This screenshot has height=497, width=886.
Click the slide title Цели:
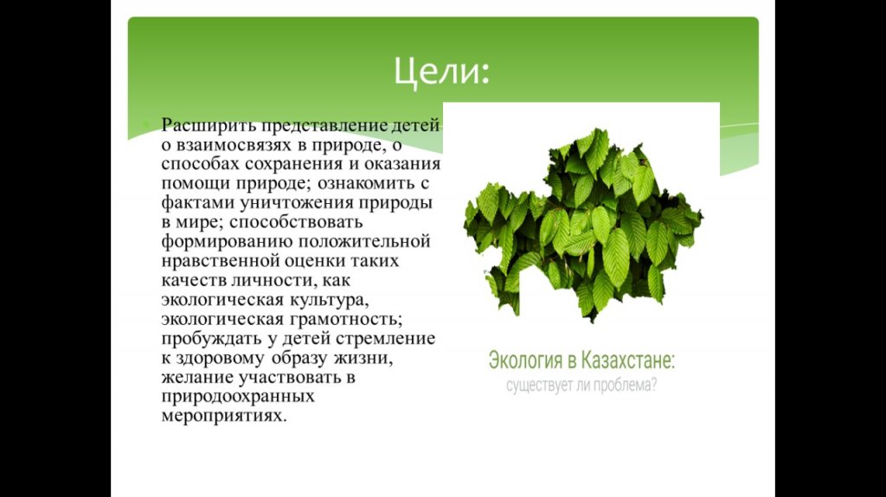click(x=441, y=71)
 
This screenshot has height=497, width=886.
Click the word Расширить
click(x=207, y=125)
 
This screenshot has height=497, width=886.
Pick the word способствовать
click(x=296, y=222)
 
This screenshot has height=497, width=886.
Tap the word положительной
click(x=364, y=241)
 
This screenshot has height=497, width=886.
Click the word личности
click(x=270, y=280)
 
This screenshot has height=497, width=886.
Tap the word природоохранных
click(x=237, y=397)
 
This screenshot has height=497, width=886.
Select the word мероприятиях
click(x=224, y=417)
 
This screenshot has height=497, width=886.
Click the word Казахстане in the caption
click(x=628, y=360)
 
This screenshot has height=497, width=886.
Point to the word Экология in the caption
click(x=525, y=360)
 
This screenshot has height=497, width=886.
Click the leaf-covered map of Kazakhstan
click(x=582, y=226)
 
